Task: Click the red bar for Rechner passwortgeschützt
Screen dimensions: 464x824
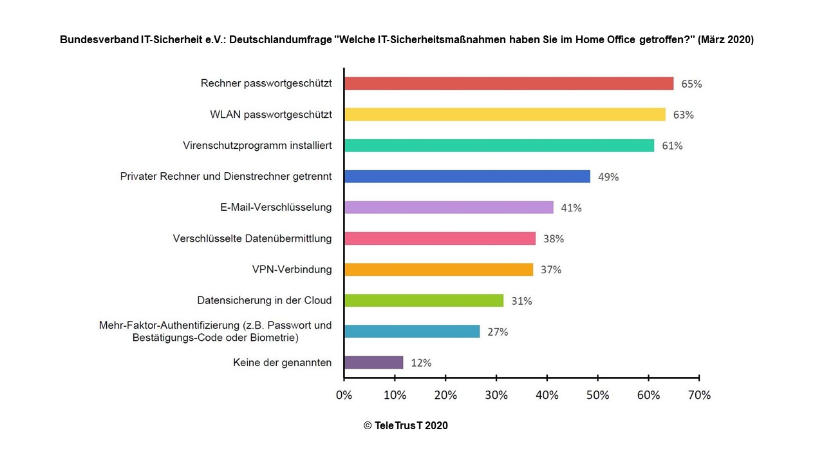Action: click(x=509, y=84)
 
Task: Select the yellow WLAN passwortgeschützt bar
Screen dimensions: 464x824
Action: click(x=505, y=115)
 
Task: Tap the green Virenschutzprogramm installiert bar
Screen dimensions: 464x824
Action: click(x=499, y=146)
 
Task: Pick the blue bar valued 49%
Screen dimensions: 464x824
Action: click(x=467, y=177)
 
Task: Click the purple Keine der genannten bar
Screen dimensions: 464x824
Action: click(x=373, y=362)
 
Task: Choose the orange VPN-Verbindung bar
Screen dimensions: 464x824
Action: click(x=438, y=269)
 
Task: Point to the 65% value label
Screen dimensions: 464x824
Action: click(x=691, y=84)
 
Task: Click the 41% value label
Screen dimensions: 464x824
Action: click(x=571, y=208)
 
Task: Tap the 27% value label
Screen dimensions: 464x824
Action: click(x=498, y=332)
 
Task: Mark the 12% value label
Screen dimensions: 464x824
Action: click(x=421, y=363)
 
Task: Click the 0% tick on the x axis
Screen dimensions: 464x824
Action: click(x=344, y=395)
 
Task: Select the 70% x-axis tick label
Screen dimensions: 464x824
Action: click(x=699, y=395)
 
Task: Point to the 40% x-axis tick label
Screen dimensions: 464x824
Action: click(x=547, y=395)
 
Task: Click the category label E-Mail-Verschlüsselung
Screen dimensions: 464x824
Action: click(x=276, y=207)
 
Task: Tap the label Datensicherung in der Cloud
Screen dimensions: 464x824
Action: click(x=264, y=300)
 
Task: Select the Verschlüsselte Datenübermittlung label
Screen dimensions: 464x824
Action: click(x=252, y=238)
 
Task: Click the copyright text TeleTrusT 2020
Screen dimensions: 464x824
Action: click(x=406, y=425)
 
